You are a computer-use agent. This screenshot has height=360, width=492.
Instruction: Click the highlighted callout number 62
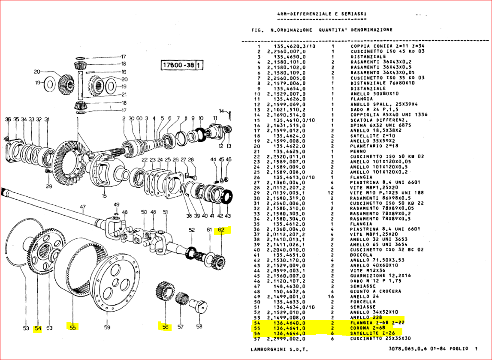coord(221,230)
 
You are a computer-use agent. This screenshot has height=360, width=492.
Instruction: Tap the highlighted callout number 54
coord(38,328)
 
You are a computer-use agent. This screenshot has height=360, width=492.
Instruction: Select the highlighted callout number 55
coord(72,328)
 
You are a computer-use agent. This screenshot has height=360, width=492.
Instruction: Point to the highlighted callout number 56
coord(165,327)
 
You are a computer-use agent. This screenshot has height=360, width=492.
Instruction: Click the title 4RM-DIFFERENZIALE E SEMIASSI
coord(322,14)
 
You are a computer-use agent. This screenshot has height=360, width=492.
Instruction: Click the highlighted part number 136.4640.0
coord(289,323)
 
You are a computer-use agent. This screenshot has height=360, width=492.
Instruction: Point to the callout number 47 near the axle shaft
coord(83,207)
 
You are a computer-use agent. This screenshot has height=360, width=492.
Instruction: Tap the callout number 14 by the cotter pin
coord(221,111)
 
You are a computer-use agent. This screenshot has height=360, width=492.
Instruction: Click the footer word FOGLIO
coord(458,349)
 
